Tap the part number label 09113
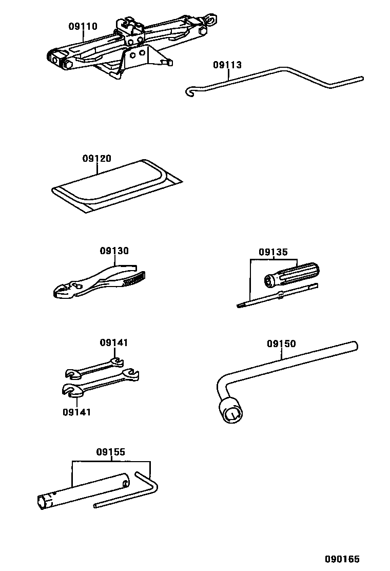click(x=227, y=65)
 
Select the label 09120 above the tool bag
click(x=96, y=159)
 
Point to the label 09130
click(x=114, y=251)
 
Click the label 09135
click(x=273, y=252)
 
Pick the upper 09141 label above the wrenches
click(x=114, y=342)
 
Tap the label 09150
click(x=281, y=344)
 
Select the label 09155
click(x=110, y=452)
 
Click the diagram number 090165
click(x=341, y=559)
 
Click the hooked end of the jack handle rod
click(x=190, y=92)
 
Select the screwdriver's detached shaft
click(x=277, y=296)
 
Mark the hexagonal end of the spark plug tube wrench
click(x=44, y=502)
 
